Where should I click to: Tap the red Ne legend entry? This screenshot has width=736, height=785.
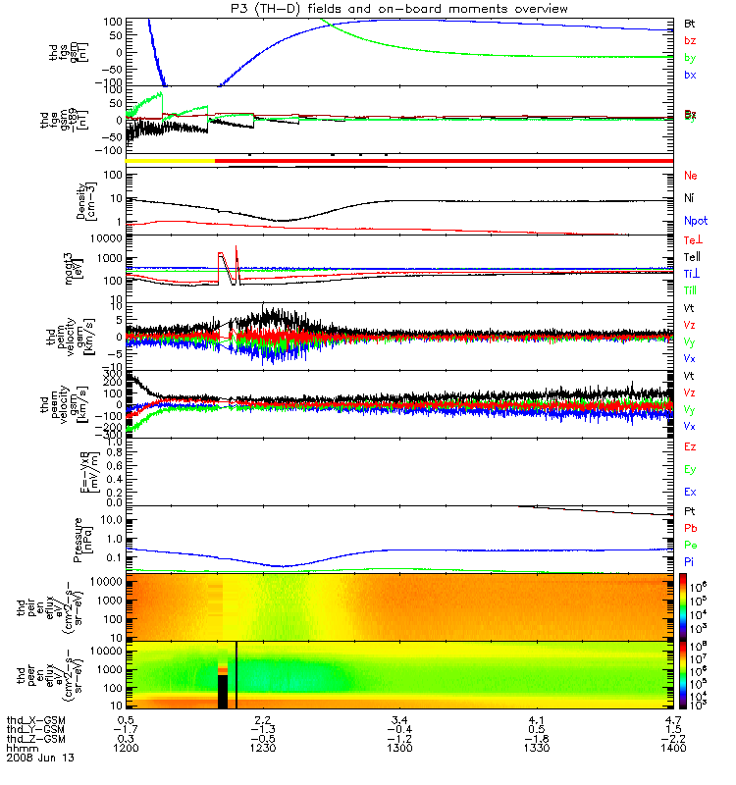pyautogui.click(x=691, y=176)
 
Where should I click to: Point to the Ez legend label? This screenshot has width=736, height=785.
pyautogui.click(x=690, y=446)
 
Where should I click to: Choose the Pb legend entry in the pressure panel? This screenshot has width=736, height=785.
pyautogui.click(x=690, y=528)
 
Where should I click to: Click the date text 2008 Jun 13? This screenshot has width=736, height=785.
pyautogui.click(x=40, y=759)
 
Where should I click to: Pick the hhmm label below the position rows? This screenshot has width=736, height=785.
pyautogui.click(x=21, y=748)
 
